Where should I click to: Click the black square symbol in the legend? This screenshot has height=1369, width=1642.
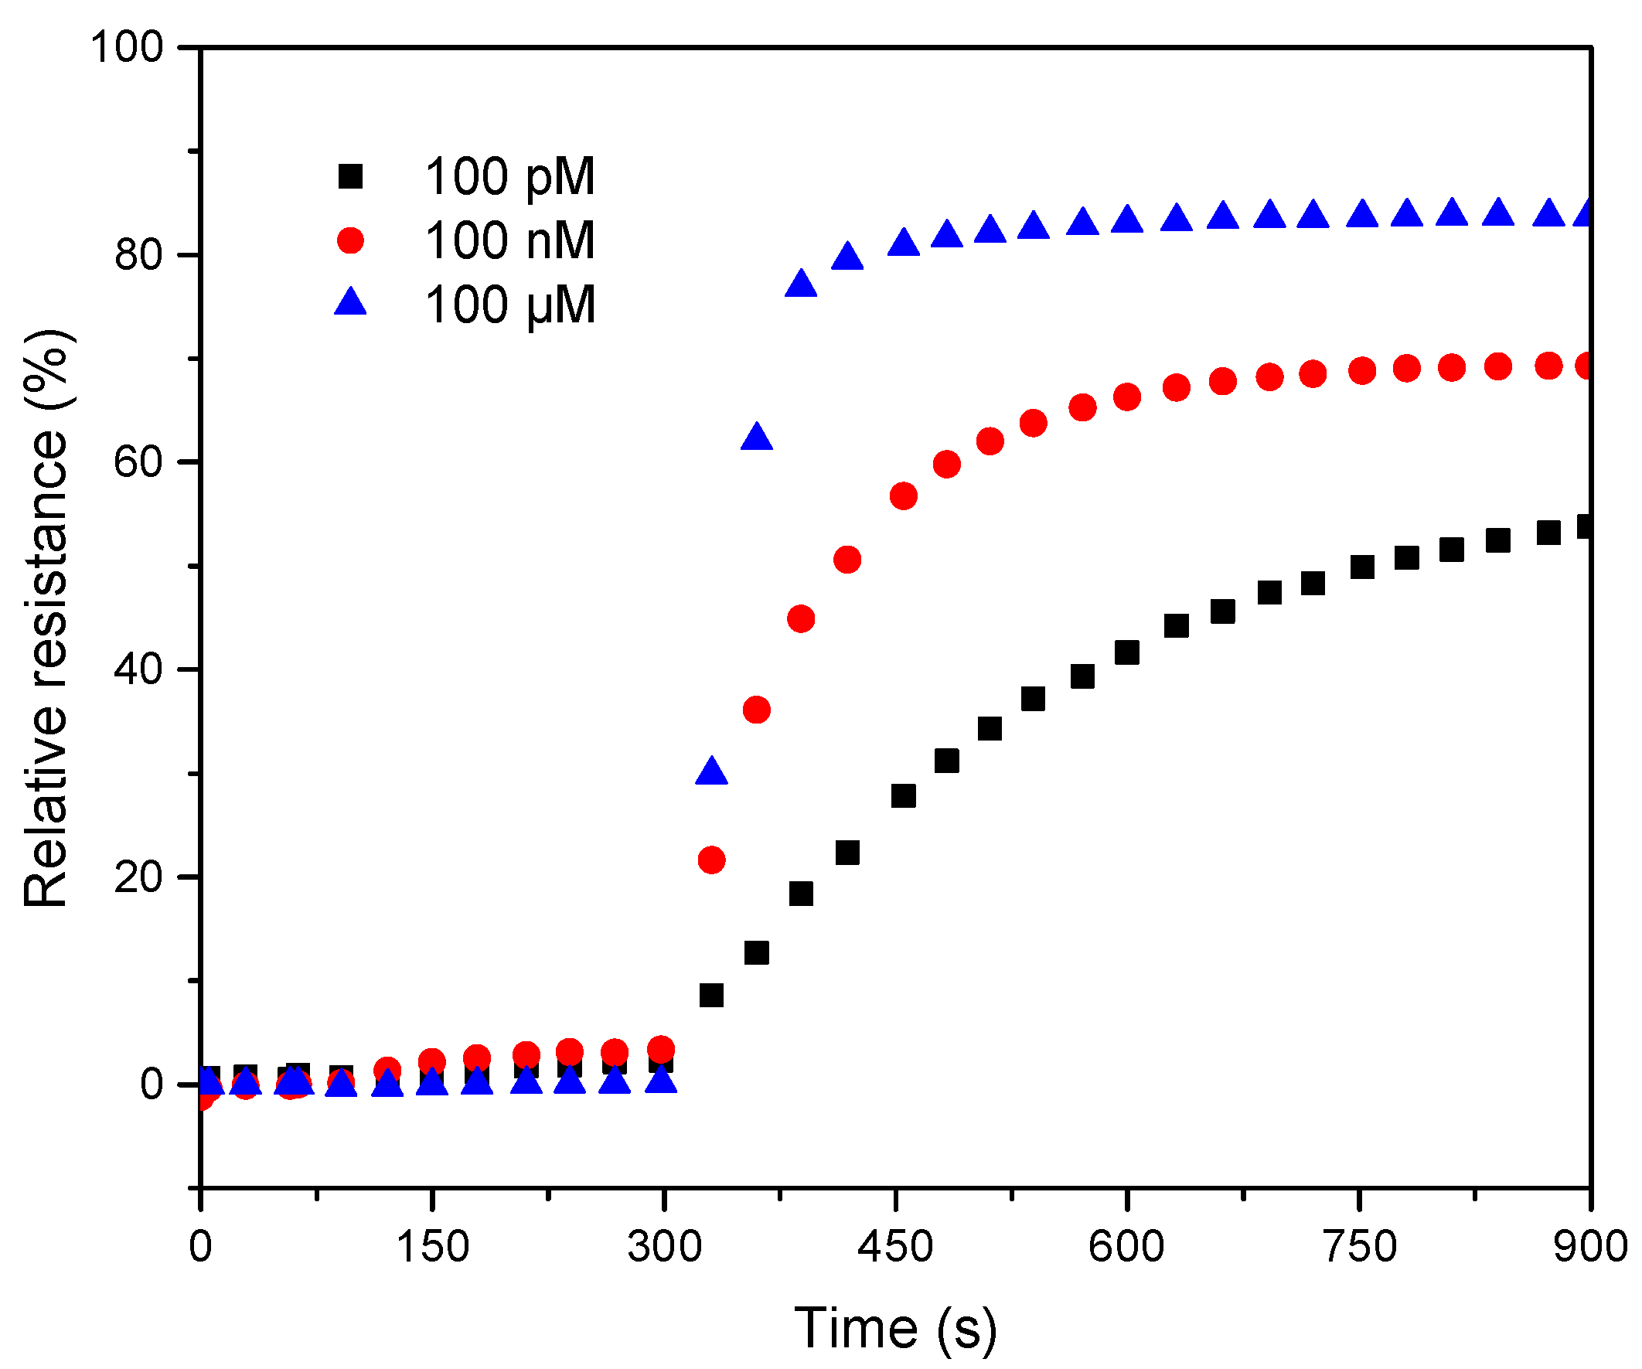[350, 176]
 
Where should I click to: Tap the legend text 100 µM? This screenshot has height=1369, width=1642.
[509, 305]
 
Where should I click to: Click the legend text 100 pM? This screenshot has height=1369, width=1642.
[509, 176]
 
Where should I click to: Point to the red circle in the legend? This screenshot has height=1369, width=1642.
[350, 240]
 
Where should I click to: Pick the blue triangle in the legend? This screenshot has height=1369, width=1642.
[350, 302]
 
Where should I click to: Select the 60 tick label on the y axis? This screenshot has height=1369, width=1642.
[138, 462]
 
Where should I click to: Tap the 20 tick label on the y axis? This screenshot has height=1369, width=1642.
[138, 877]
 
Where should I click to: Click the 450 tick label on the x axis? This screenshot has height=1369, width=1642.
[895, 1246]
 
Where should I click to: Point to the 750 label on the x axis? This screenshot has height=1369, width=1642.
[1361, 1246]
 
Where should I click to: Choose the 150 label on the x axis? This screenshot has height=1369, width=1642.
[432, 1246]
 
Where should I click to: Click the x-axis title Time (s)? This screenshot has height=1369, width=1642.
[895, 1328]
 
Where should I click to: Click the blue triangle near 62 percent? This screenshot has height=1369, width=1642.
[756, 438]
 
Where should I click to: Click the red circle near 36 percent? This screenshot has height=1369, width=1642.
[756, 710]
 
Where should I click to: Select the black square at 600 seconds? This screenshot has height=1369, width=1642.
[1126, 652]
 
